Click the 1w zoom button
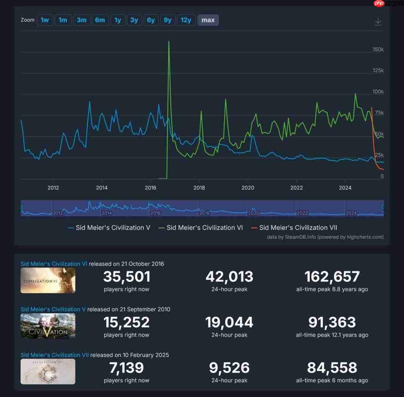[45, 20]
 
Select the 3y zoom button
[134, 20]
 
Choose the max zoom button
[208, 20]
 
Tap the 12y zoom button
[186, 20]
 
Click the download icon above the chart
[378, 21]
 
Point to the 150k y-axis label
[378, 49]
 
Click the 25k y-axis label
[379, 155]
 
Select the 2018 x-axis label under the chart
[199, 188]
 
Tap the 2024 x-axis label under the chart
[345, 188]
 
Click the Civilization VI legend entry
[205, 227]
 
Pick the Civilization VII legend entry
[298, 227]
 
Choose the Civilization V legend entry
[113, 227]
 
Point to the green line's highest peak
[169, 42]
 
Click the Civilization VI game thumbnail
[48, 280]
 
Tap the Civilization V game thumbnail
[48, 326]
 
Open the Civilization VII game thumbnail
[48, 372]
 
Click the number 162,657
[332, 277]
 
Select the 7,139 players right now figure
[126, 368]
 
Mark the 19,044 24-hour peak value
[229, 323]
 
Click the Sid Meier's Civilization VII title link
[55, 355]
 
